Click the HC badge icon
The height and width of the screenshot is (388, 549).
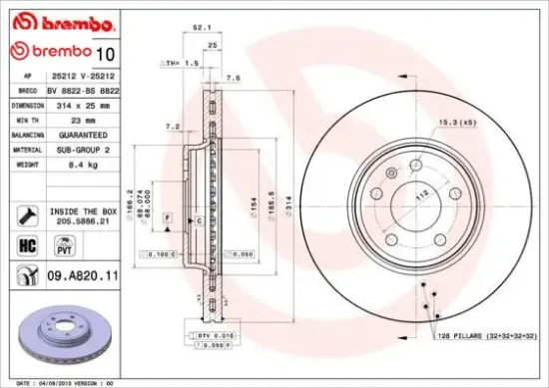[25, 244]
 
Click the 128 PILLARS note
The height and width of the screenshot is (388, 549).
[486, 338]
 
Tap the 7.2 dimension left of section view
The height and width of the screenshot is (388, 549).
[171, 127]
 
